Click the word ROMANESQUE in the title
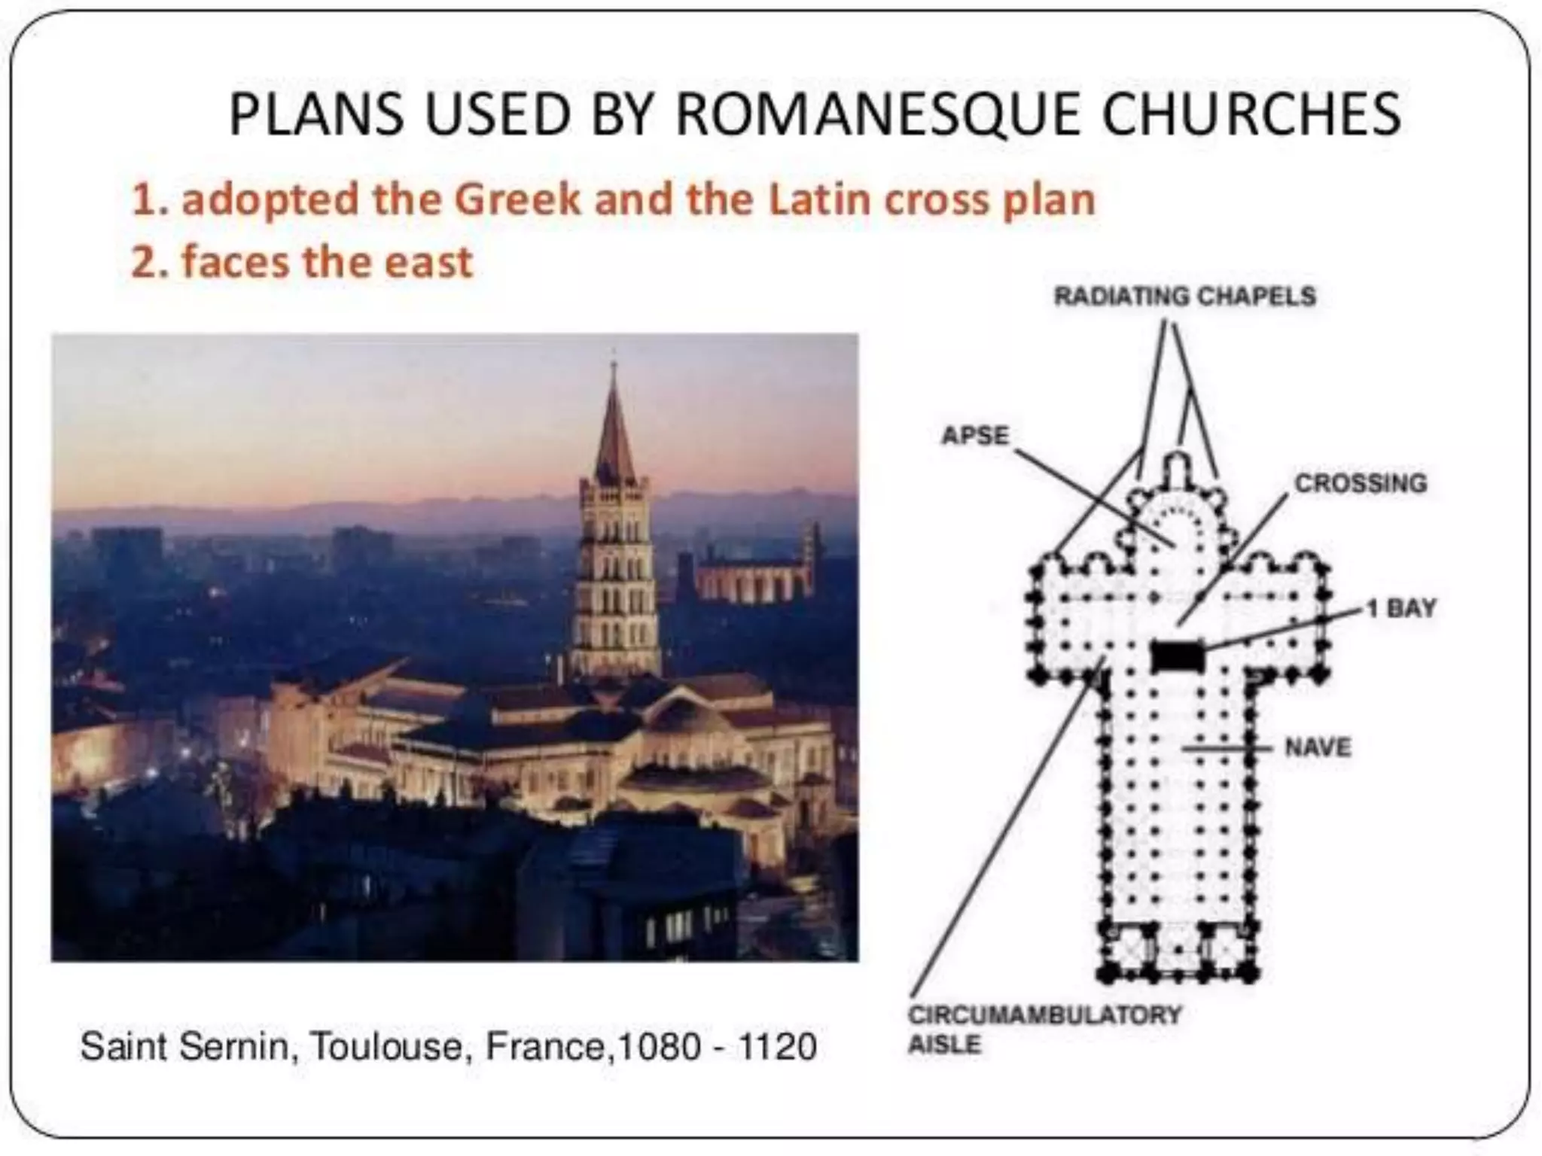pos(882,114)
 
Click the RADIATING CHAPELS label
pos(1184,296)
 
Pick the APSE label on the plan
pos(975,435)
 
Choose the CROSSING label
pos(1360,483)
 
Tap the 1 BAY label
pos(1402,608)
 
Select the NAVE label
pos(1318,747)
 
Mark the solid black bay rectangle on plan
pos(1178,656)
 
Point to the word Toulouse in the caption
pos(386,1046)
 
